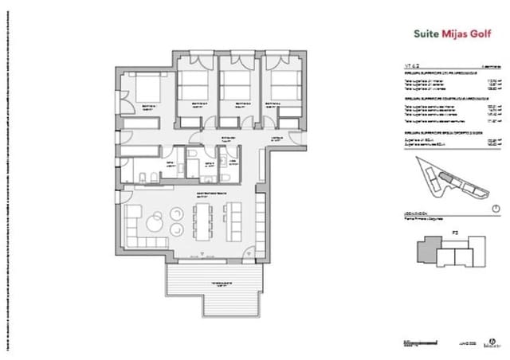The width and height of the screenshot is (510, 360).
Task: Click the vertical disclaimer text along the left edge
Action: [x=9, y=180]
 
